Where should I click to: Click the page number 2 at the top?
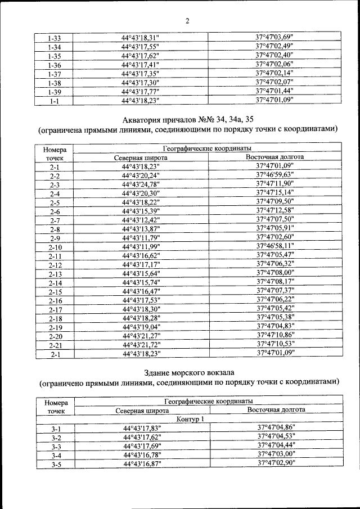(x=187, y=22)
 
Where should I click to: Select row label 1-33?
(x=55, y=39)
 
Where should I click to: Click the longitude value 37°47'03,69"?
(x=274, y=38)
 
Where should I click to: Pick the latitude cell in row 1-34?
(x=141, y=47)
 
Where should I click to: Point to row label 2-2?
(x=55, y=176)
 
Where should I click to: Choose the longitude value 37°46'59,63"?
(x=275, y=175)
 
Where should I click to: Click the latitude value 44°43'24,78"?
(x=141, y=184)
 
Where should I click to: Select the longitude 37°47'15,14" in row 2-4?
(x=275, y=193)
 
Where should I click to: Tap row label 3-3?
(x=56, y=447)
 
